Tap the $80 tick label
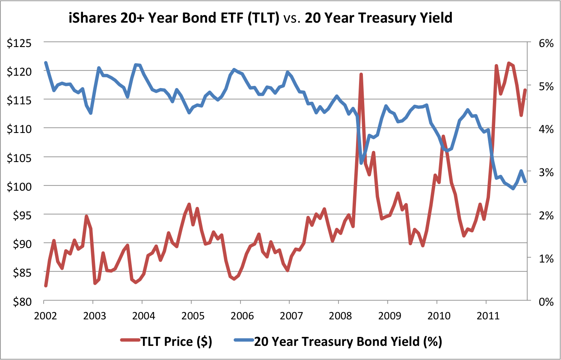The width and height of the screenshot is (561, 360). tap(21, 301)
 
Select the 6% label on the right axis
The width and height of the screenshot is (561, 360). tap(543, 43)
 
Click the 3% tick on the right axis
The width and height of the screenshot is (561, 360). tap(543, 172)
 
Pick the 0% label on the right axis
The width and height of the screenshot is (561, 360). tap(543, 301)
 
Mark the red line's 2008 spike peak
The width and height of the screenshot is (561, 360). tap(361, 74)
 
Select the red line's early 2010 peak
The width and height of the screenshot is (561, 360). tap(443, 137)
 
